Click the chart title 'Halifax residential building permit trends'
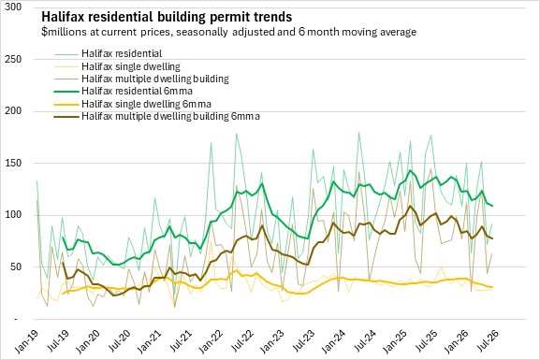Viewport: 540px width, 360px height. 167,17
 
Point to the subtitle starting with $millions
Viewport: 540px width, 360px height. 228,32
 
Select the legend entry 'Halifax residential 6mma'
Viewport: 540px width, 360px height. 137,91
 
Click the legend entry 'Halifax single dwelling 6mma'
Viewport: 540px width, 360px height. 146,104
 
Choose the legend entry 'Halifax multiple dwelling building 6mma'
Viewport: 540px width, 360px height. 170,116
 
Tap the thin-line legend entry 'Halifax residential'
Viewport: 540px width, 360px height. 122,53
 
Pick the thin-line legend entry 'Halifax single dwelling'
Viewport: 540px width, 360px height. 131,66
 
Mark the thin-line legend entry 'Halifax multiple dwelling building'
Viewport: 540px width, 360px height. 155,79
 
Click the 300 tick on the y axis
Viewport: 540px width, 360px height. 13,7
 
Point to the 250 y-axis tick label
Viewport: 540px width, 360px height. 13,59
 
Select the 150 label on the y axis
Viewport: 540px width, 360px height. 13,163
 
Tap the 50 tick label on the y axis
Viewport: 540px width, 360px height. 16,266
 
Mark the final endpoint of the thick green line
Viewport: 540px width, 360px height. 492,206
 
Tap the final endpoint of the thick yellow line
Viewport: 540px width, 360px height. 492,287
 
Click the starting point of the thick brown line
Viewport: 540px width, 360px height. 63,263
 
